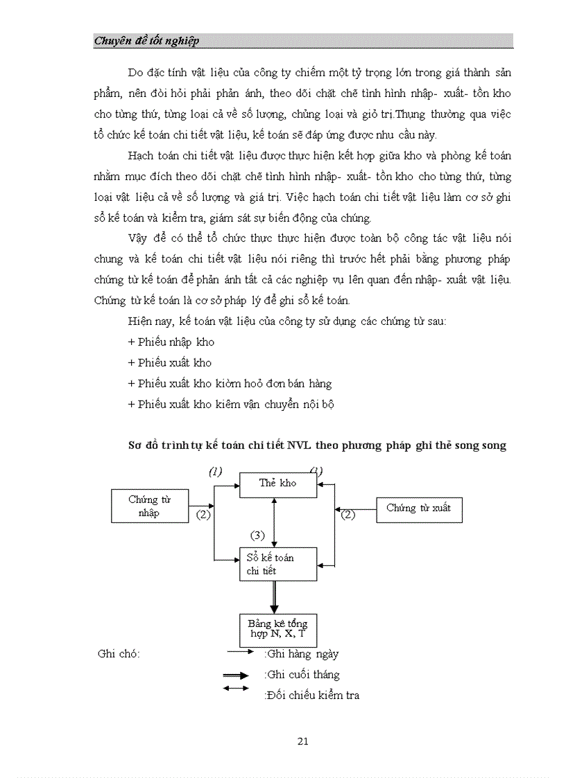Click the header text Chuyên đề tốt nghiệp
click(146, 41)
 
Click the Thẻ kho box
click(277, 484)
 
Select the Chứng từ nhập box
click(150, 506)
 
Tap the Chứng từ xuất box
click(418, 509)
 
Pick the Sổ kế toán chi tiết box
click(277, 565)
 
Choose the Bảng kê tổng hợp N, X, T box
click(277, 629)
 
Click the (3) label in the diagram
click(257, 535)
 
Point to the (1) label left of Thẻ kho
click(216, 472)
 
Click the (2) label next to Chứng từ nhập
click(203, 515)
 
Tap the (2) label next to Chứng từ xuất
click(347, 514)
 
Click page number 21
click(302, 741)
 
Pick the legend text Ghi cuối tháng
click(302, 675)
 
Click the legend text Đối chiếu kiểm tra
click(312, 696)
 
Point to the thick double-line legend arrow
click(236, 675)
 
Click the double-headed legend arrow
click(236, 689)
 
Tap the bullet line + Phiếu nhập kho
click(171, 342)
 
